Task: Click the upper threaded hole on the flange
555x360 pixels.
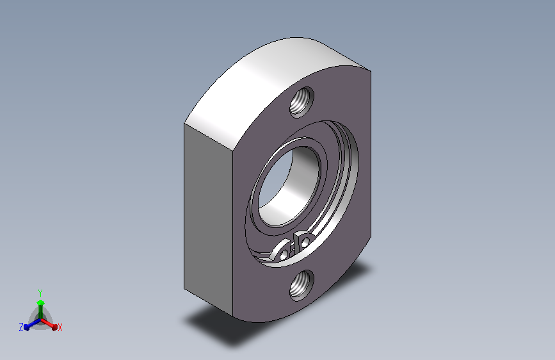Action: (302, 102)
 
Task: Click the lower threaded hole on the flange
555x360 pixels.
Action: (302, 285)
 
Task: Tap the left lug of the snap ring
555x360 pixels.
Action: (282, 250)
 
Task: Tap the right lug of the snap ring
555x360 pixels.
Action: (303, 240)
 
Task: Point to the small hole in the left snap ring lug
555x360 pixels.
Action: (284, 254)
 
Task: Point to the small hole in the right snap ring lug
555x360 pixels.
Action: (305, 242)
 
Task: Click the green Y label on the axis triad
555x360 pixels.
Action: (40, 293)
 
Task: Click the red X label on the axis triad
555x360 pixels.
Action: (60, 328)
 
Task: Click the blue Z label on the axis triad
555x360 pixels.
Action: (21, 327)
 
